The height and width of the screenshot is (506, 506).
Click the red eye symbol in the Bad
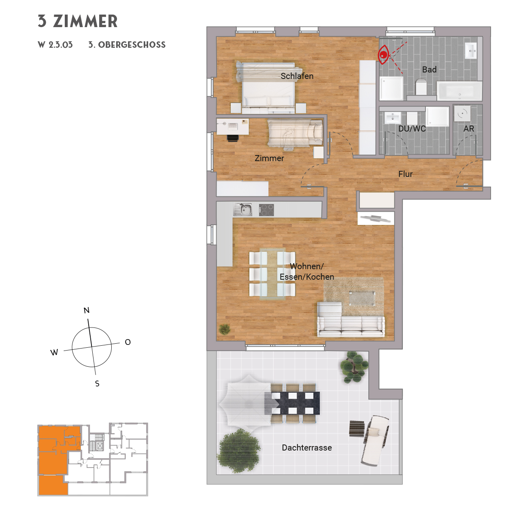pos(383,55)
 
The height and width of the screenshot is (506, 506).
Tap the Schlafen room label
pos(297,76)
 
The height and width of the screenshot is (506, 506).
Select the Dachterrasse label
pos(306,448)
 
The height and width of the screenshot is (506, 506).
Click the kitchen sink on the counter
pos(242,209)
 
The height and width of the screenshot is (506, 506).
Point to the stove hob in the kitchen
pos(266,210)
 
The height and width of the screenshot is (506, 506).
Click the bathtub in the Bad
pos(459,91)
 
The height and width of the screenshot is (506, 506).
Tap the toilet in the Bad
pos(421,87)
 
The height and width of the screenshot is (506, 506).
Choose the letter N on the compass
pos(86,310)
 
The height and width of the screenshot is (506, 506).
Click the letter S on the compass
pos(97,383)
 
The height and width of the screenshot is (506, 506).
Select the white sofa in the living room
pos(351,325)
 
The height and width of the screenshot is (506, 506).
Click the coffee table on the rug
pos(362,298)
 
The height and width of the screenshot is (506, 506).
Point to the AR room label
pos(468,129)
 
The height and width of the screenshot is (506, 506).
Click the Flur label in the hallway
pos(405,174)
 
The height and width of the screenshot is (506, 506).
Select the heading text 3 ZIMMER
pos(78,21)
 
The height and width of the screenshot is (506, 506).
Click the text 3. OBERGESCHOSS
pos(127,45)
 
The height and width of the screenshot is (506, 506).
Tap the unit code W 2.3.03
pos(55,45)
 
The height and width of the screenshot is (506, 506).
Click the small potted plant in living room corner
pos(224,329)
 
